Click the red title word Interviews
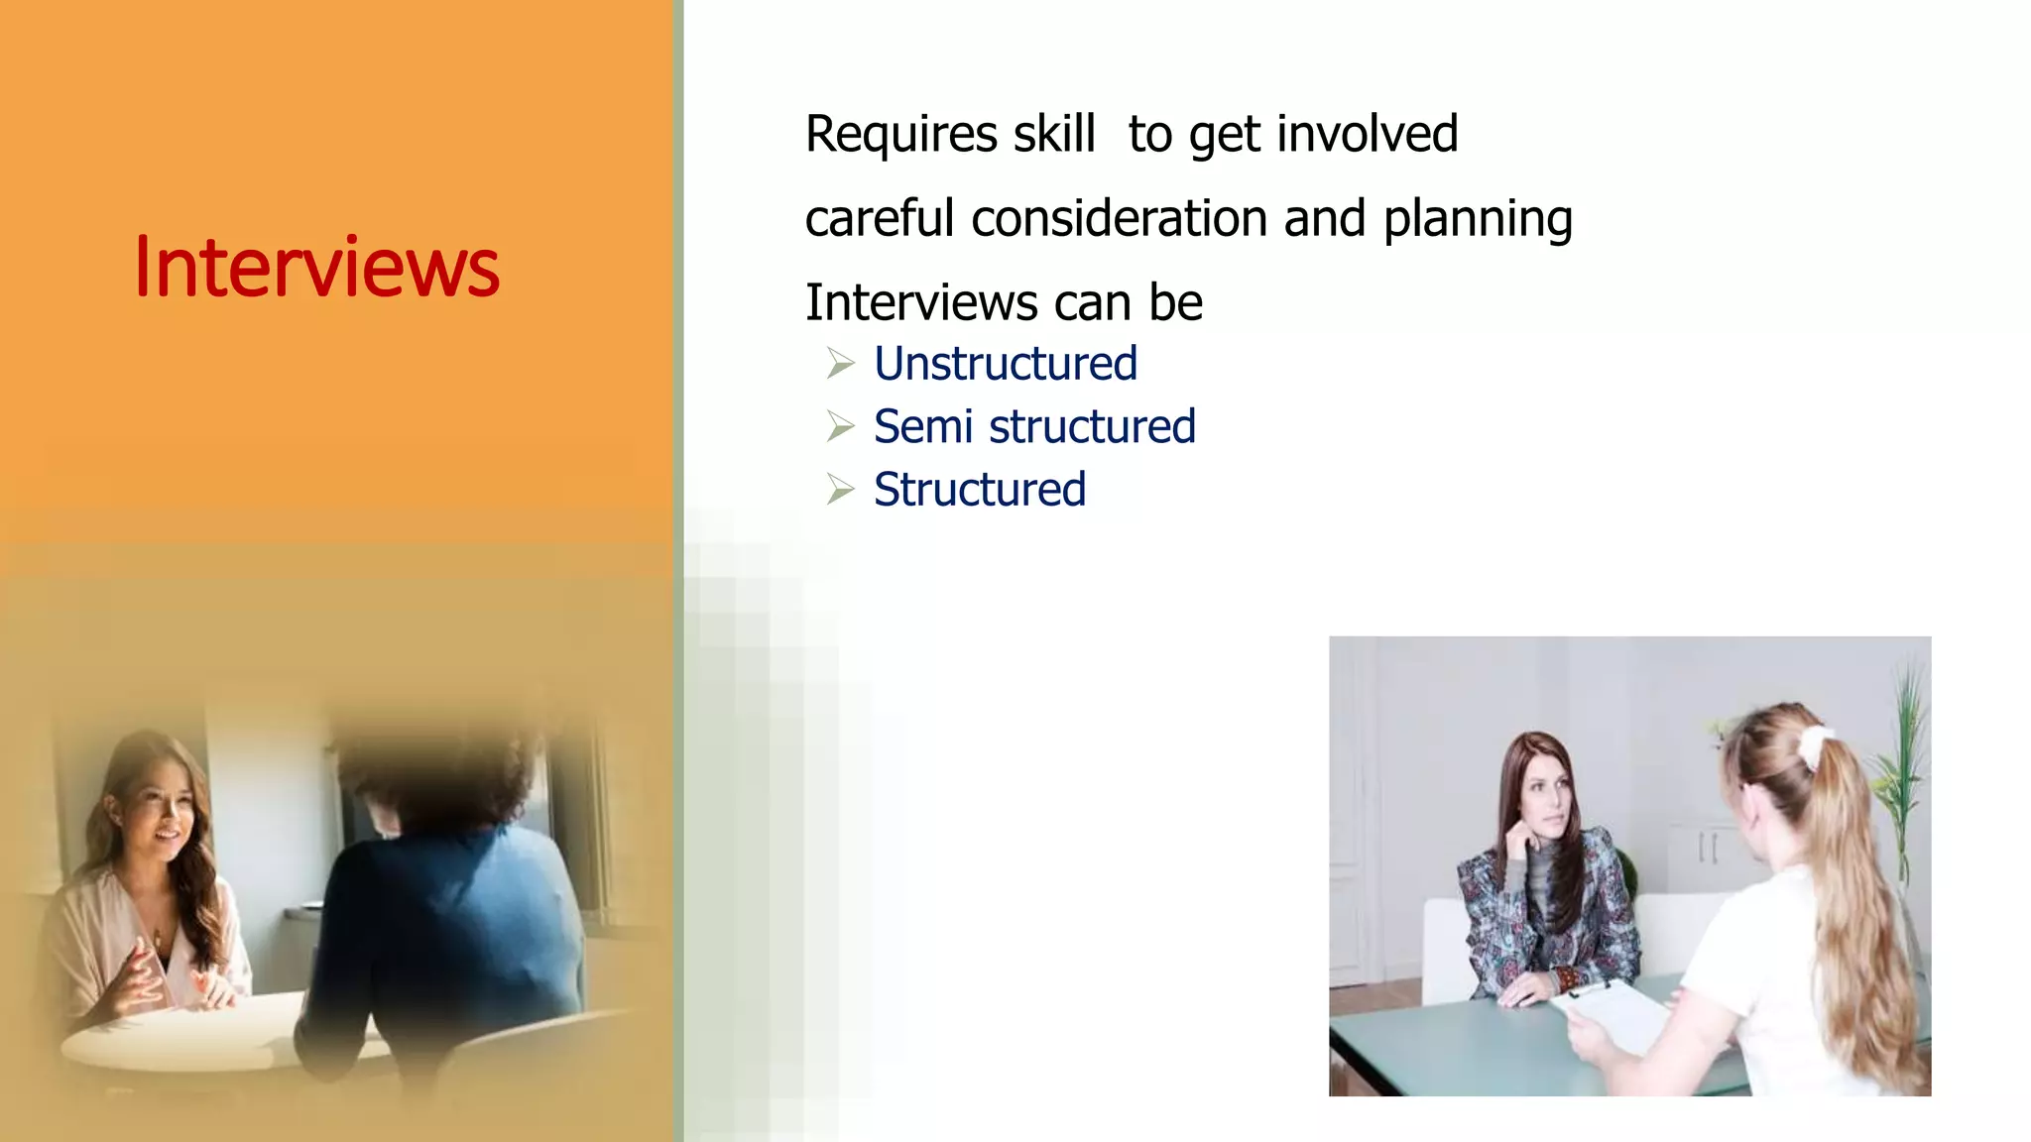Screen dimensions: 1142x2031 pos(316,268)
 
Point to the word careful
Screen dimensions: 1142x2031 pos(880,218)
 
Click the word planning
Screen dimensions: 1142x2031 pos(1478,220)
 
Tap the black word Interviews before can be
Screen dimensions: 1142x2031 pos(921,302)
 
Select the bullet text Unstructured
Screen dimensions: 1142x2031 pos(1005,364)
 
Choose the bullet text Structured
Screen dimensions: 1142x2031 pos(979,490)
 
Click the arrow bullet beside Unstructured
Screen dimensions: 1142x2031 pos(840,364)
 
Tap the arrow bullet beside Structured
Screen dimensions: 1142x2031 pos(840,490)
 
